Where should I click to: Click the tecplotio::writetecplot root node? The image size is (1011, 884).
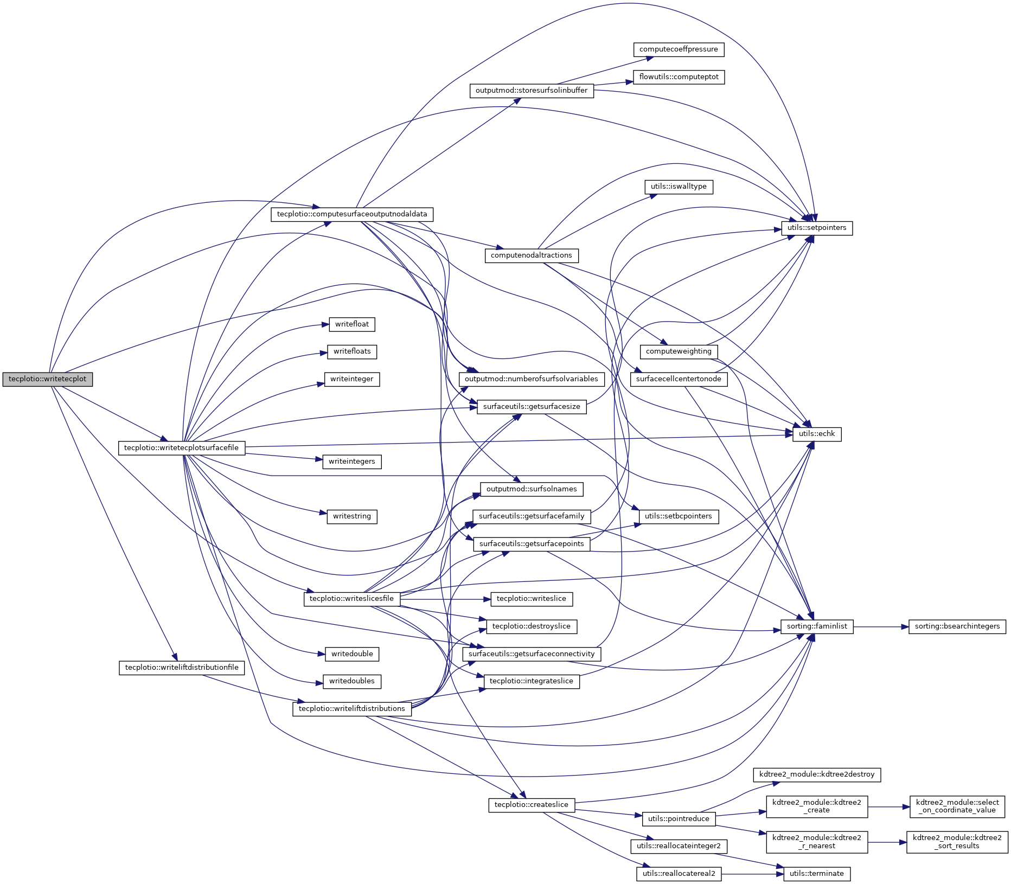click(47, 379)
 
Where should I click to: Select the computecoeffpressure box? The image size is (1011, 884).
click(679, 49)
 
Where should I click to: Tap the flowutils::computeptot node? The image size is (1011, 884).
click(679, 77)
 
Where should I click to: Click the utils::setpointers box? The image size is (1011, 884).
click(817, 228)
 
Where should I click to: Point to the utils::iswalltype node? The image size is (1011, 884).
click(679, 187)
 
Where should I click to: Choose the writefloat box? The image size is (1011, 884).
click(351, 324)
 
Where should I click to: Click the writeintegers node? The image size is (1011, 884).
click(351, 462)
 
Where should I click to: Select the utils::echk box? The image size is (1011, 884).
click(817, 434)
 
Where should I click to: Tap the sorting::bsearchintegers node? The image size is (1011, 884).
click(957, 626)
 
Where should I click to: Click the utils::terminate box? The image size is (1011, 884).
click(817, 874)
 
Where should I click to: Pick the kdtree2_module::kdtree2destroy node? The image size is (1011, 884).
click(817, 774)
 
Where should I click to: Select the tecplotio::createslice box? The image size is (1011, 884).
click(531, 805)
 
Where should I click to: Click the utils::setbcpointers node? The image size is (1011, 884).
click(679, 516)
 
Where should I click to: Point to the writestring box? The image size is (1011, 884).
click(351, 516)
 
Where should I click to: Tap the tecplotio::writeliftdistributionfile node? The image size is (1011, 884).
click(182, 668)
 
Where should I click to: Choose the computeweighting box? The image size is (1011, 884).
click(679, 351)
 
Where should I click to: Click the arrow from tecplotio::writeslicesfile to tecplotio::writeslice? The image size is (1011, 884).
click(445, 599)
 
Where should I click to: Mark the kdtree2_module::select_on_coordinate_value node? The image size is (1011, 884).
click(957, 806)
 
